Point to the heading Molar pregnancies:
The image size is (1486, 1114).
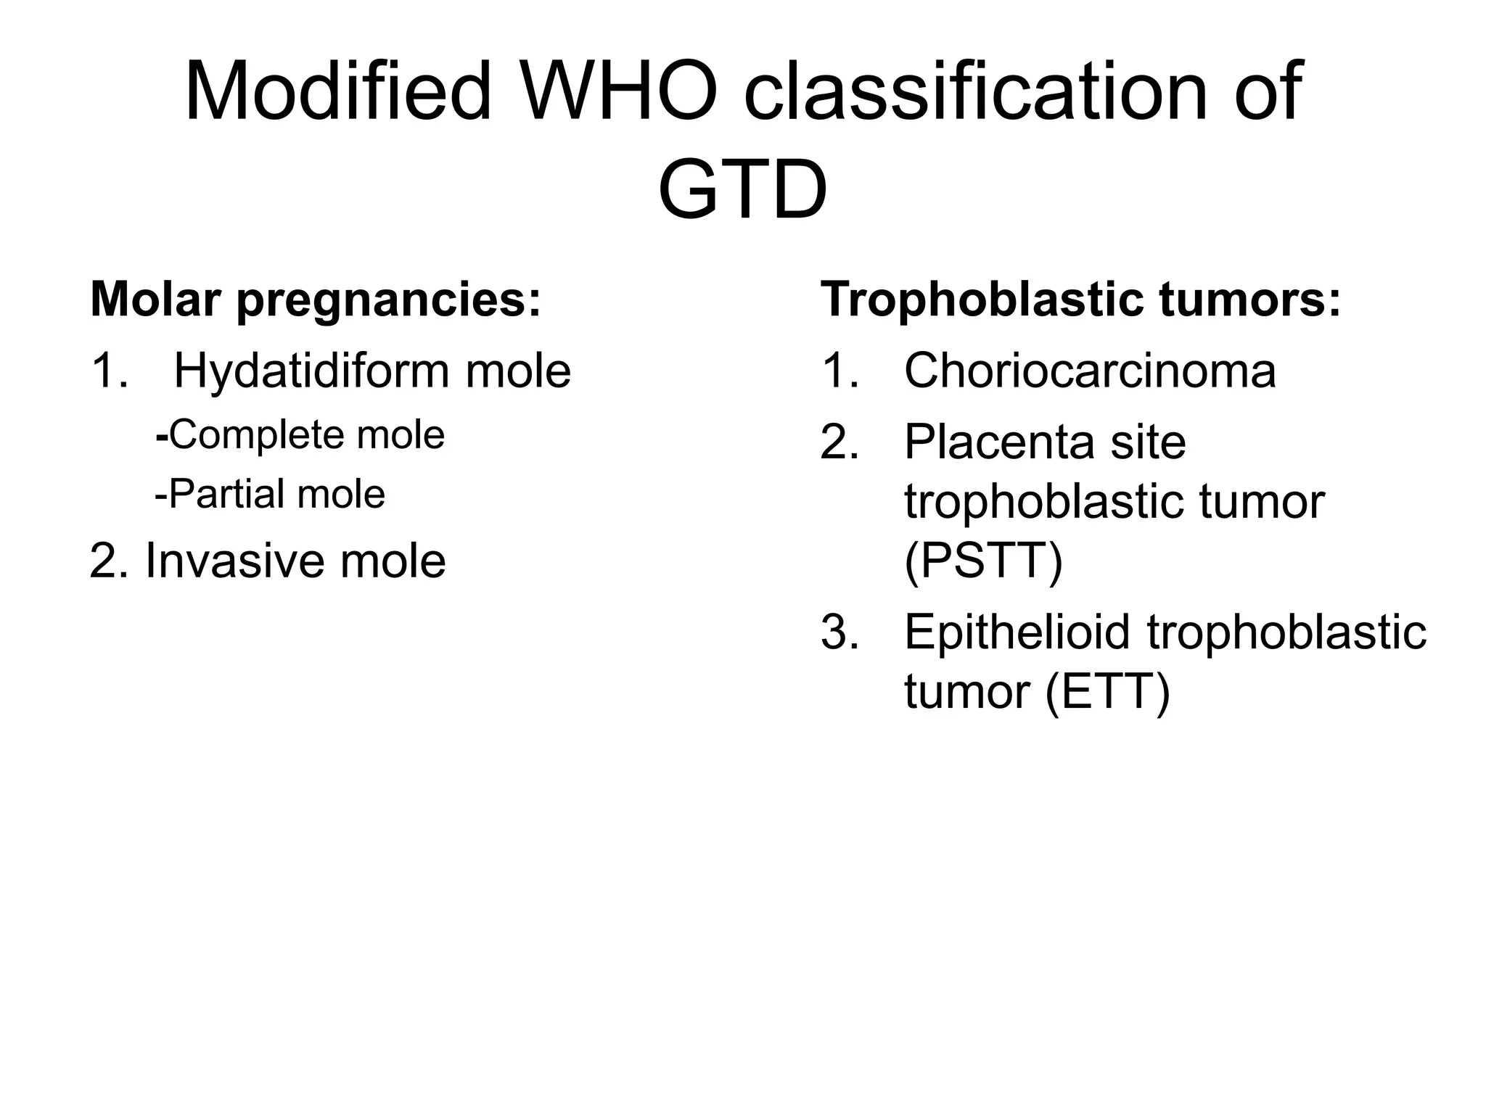pyautogui.click(x=316, y=300)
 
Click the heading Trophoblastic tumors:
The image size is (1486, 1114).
pyautogui.click(x=1080, y=300)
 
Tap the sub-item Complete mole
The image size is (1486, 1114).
pyautogui.click(x=300, y=435)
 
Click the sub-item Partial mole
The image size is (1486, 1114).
pyautogui.click(x=270, y=495)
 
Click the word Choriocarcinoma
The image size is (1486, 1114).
pyautogui.click(x=1089, y=371)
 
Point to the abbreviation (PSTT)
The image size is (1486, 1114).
pyautogui.click(x=983, y=561)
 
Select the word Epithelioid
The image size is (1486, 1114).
pyautogui.click(x=1017, y=632)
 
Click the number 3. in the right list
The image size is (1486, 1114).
pyautogui.click(x=840, y=632)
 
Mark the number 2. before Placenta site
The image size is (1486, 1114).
pyautogui.click(x=840, y=442)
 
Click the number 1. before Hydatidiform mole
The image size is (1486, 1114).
pyautogui.click(x=109, y=371)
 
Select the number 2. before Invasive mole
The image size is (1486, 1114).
pyautogui.click(x=109, y=561)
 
